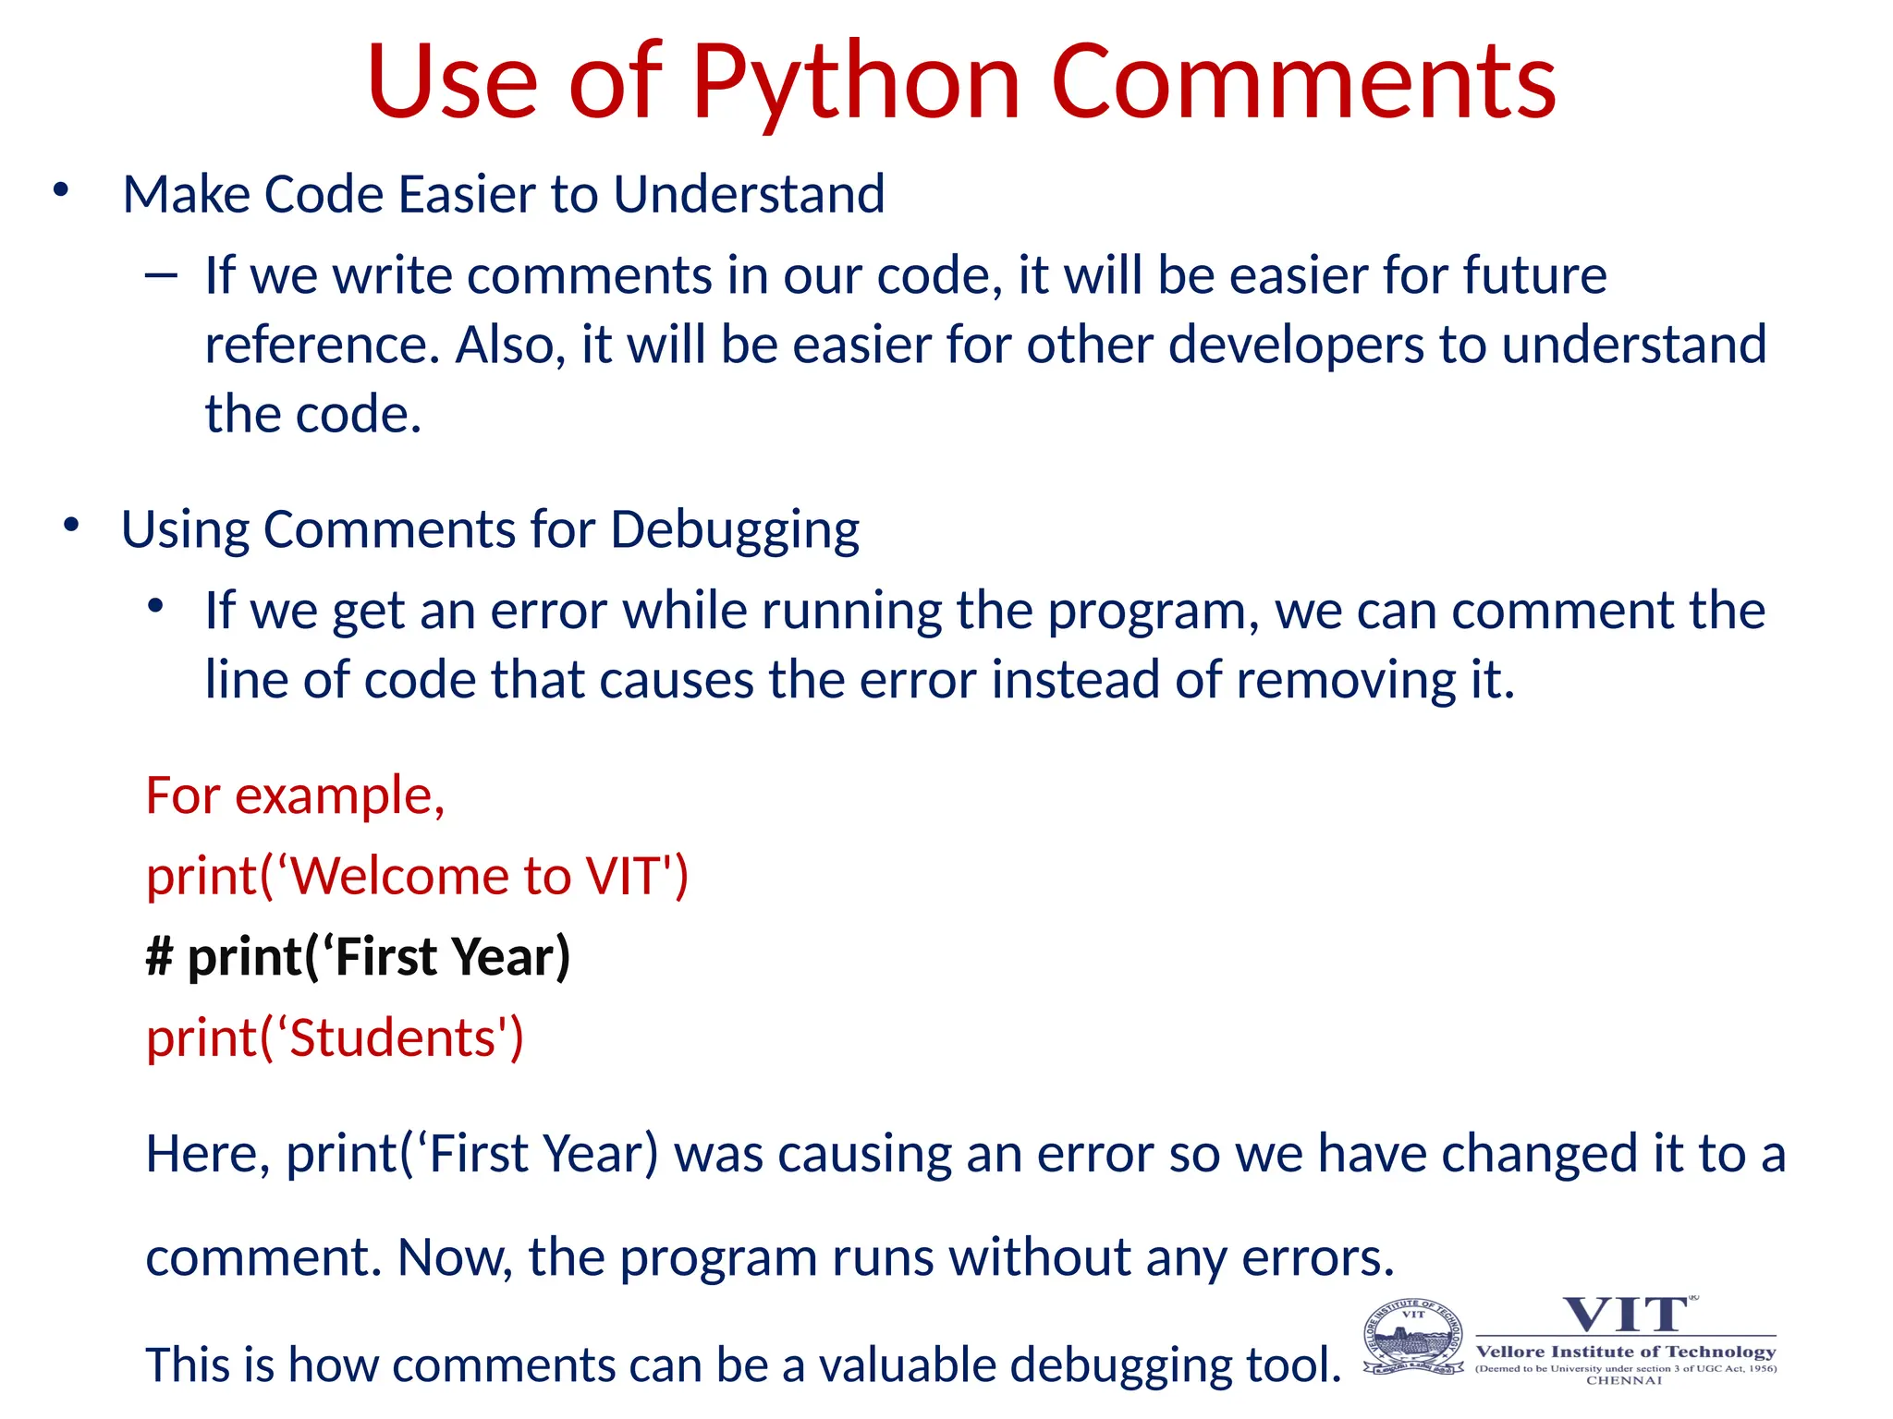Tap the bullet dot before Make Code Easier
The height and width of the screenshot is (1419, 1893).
click(61, 190)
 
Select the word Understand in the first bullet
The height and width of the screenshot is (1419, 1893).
click(749, 195)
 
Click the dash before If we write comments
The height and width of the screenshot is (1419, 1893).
click(161, 274)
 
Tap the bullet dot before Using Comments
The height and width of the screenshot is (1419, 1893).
click(71, 526)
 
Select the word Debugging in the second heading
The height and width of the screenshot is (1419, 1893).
click(735, 531)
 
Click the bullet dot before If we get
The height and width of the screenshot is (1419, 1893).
click(155, 606)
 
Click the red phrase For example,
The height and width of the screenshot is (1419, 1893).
click(296, 795)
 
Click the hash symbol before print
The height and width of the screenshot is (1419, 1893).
click(159, 957)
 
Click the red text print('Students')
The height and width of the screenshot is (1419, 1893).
click(335, 1038)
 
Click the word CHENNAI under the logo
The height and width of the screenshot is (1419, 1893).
click(1624, 1381)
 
